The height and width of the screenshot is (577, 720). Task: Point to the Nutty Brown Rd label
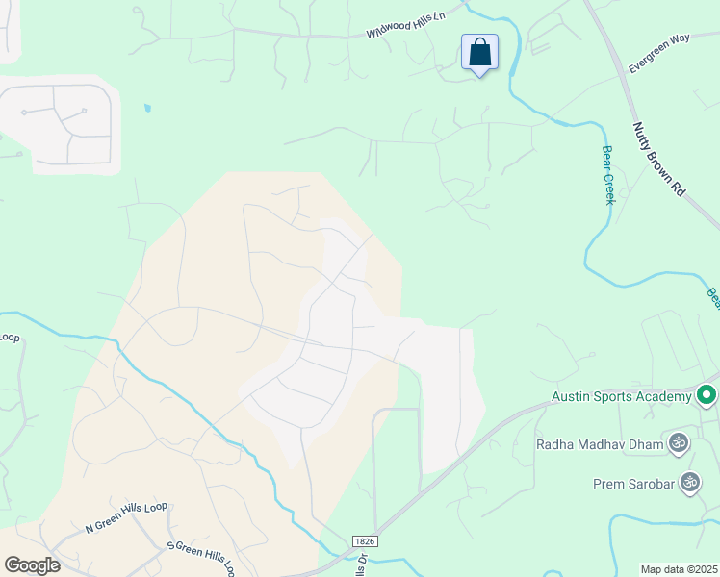(x=658, y=160)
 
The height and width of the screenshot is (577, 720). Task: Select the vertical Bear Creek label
(x=607, y=174)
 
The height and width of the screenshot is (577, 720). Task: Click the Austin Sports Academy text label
(x=621, y=395)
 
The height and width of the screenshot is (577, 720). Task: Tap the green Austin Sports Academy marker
(x=707, y=395)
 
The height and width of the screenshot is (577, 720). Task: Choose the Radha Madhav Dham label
(x=599, y=444)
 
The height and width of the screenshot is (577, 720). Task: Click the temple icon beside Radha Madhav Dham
(x=678, y=443)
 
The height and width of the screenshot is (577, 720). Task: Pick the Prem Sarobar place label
(x=634, y=481)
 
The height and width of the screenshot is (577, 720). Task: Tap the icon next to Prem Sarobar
(x=689, y=481)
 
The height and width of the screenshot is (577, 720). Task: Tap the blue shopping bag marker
(x=479, y=52)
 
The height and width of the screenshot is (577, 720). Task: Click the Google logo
(x=32, y=564)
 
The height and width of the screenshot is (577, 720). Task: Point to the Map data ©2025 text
(x=679, y=569)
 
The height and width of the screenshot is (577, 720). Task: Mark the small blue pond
(x=147, y=108)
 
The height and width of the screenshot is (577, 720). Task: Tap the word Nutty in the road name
(x=643, y=136)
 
